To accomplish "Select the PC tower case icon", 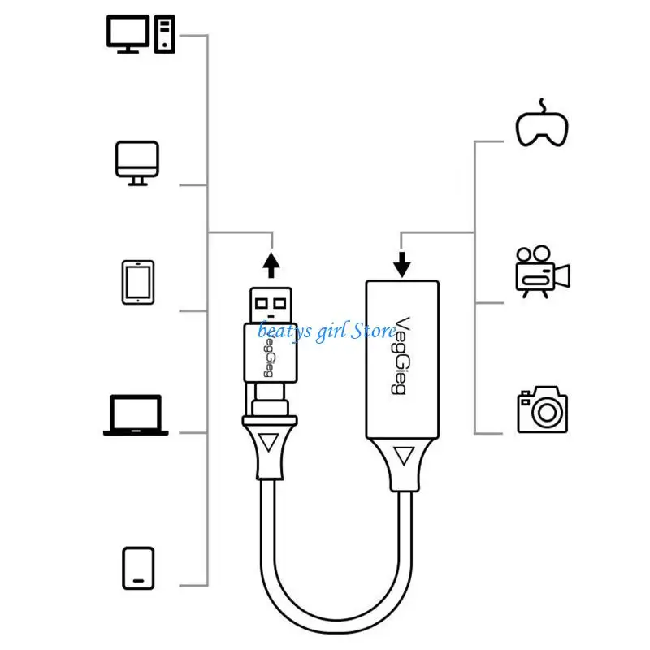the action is tap(165, 34).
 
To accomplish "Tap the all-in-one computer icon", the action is tap(137, 163).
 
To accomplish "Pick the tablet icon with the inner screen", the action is tap(138, 282).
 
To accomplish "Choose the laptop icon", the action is tap(136, 415).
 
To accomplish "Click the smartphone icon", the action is tap(138, 568).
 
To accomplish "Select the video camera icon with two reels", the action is tap(543, 272).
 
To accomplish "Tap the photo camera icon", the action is tap(543, 409).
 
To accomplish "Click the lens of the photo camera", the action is tap(547, 413).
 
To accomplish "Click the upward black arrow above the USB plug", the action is tap(271, 265).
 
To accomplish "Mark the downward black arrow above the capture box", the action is tap(401, 264).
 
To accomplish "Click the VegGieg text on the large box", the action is tap(401, 356).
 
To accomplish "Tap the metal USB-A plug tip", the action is tap(271, 305).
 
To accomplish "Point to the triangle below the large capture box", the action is tap(404, 455).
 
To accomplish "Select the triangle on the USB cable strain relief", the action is tap(269, 442).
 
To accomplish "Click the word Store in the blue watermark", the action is tap(373, 331).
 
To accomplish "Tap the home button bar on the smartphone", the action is tap(138, 581).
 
